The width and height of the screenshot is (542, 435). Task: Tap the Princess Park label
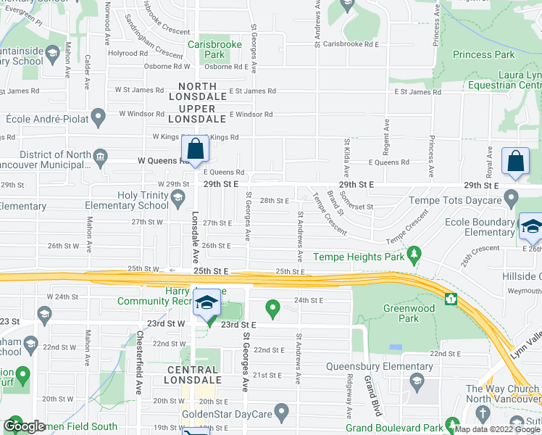pyautogui.click(x=483, y=54)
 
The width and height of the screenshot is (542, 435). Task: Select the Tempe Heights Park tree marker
pyautogui.click(x=414, y=254)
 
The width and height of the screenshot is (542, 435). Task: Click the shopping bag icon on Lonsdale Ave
pyautogui.click(x=196, y=150)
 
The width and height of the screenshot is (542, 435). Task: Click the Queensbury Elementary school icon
pyautogui.click(x=417, y=381)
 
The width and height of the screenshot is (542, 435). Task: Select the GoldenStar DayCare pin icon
pyautogui.click(x=283, y=413)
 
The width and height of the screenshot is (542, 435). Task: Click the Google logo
pyautogui.click(x=25, y=427)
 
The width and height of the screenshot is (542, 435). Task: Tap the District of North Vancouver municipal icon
pyautogui.click(x=100, y=155)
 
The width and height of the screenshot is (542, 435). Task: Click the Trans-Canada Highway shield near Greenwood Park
pyautogui.click(x=451, y=298)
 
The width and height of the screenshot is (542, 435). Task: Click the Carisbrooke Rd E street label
pyautogui.click(x=351, y=44)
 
